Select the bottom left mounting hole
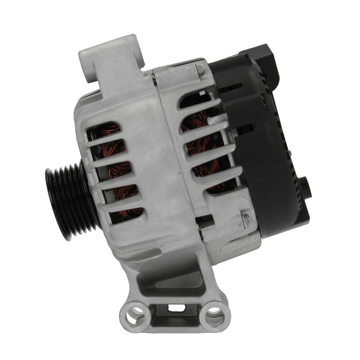pos(132,314)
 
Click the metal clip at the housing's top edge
pos(200,70)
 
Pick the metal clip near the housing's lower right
pos(246,220)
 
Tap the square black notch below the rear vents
pos(205,220)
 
